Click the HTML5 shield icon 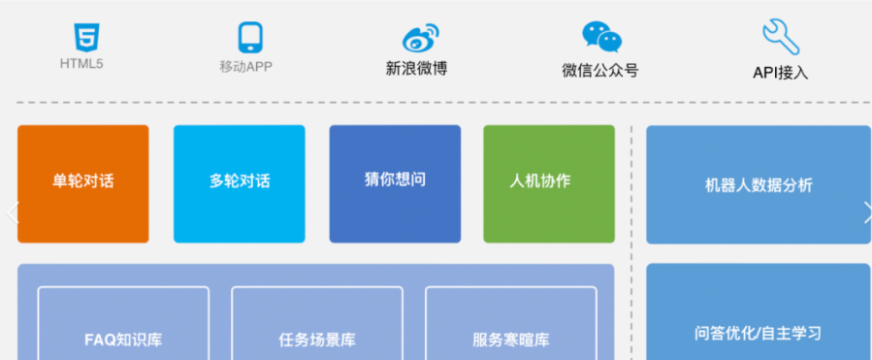click(x=83, y=38)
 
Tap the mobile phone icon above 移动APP click(x=251, y=38)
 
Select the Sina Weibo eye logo click(x=420, y=38)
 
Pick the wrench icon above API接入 click(x=780, y=38)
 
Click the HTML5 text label click(x=82, y=65)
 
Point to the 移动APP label click(x=246, y=67)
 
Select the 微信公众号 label click(x=599, y=70)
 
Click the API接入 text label click(x=780, y=72)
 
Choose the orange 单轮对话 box click(x=83, y=183)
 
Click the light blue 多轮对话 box click(x=239, y=183)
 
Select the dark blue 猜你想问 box click(x=395, y=183)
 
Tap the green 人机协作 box click(x=549, y=183)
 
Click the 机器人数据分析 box click(x=759, y=184)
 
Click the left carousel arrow click(x=12, y=213)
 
